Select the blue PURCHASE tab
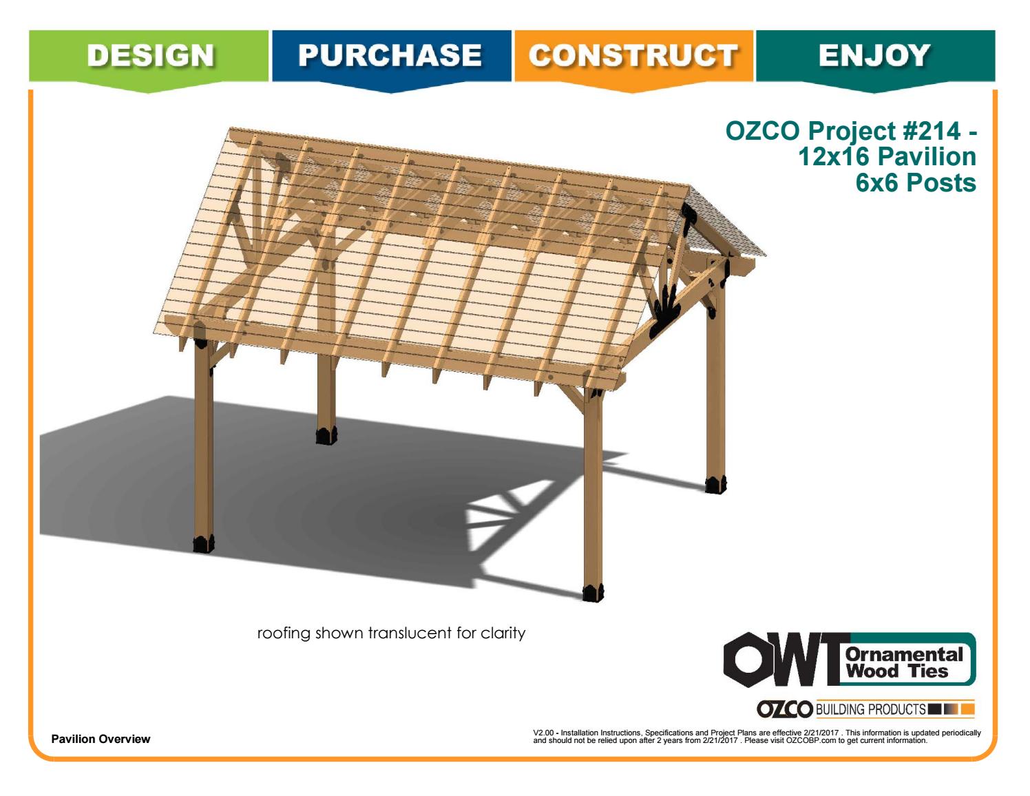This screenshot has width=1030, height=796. pos(391,55)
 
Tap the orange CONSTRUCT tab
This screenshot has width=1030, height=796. pos(633,55)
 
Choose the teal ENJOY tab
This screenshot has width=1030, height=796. pos(874,55)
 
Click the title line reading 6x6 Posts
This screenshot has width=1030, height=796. pos(916,183)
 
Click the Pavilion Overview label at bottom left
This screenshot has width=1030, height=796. pos(101,739)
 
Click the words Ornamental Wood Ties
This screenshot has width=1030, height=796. pos(906,661)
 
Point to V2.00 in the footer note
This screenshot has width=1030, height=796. pos(543,733)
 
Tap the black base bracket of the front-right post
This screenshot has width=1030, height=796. pos(592,591)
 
